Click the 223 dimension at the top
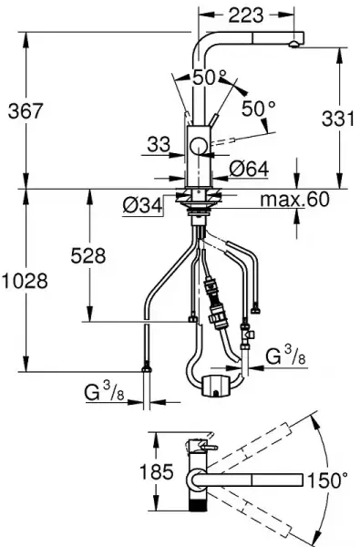(246, 15)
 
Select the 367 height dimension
(26, 111)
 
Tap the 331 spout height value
(338, 118)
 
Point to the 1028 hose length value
(25, 281)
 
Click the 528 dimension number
(87, 255)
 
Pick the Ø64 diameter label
(249, 169)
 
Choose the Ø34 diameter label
(143, 204)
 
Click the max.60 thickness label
(294, 199)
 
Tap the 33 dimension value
(159, 144)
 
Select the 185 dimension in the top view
(156, 472)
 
